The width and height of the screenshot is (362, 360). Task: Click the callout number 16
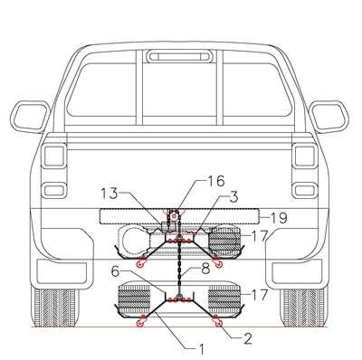(x=216, y=181)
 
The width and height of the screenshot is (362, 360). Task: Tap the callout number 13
(x=109, y=194)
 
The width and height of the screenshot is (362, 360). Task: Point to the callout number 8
(x=205, y=269)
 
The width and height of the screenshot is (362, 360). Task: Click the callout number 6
(x=115, y=271)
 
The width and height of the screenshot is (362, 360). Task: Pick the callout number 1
(x=201, y=350)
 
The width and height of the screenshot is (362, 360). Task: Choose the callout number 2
(x=247, y=339)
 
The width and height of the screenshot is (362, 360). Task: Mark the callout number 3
(x=234, y=196)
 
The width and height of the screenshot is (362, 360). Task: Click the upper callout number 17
(x=260, y=236)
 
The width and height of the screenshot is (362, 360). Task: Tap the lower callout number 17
(x=260, y=295)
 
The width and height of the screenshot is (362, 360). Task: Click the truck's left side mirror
(x=30, y=117)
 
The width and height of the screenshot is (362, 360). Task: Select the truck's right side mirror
(x=329, y=117)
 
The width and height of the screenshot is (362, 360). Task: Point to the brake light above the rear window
(x=179, y=57)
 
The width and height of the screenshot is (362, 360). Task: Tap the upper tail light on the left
(x=53, y=156)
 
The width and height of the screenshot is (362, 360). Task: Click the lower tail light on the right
(x=306, y=191)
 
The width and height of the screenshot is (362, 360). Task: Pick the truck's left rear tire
(x=55, y=308)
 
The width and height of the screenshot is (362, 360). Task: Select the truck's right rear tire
(x=304, y=308)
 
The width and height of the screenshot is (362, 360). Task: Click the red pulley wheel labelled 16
(x=174, y=216)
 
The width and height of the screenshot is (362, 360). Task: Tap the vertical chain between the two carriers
(x=179, y=265)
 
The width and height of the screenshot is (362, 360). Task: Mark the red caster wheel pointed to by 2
(x=218, y=324)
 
